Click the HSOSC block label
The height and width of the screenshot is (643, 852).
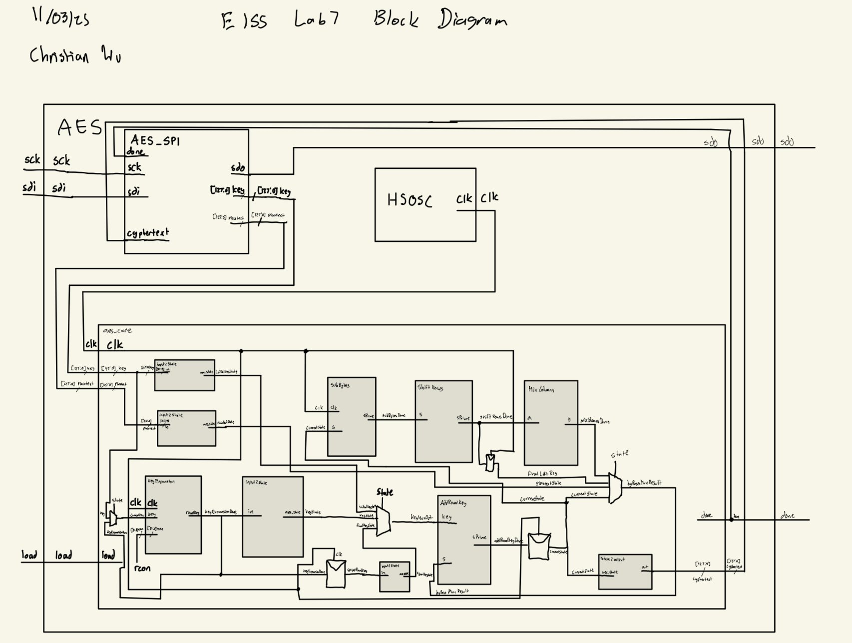410,200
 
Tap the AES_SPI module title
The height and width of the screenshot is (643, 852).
155,140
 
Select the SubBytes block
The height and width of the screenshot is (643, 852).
352,417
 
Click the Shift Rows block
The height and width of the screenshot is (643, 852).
443,421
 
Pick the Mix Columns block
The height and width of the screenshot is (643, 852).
551,423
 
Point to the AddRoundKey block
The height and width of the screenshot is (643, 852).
464,540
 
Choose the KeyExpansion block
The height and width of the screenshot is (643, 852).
173,515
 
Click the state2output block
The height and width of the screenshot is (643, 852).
625,572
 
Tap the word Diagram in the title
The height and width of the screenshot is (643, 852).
472,20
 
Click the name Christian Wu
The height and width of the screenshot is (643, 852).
75,54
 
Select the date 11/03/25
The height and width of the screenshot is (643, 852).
61,18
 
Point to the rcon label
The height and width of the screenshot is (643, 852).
142,568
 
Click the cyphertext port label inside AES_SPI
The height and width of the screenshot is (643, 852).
148,233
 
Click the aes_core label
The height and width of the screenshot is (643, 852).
117,331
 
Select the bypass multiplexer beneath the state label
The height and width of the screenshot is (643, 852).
615,488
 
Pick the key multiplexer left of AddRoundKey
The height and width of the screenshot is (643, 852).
383,521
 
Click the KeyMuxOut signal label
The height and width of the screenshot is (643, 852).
422,518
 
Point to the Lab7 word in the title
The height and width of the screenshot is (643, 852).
316,19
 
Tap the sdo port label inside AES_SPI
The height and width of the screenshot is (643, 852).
238,168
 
